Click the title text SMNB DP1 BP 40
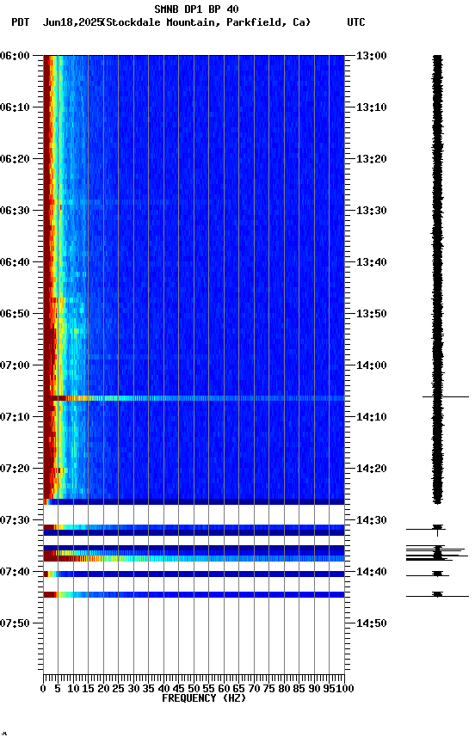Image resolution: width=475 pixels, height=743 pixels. pyautogui.click(x=196, y=9)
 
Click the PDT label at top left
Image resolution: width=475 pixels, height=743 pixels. pyautogui.click(x=21, y=22)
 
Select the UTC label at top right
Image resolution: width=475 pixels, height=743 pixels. pyautogui.click(x=356, y=22)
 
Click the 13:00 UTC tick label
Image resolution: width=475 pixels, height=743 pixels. pyautogui.click(x=372, y=56)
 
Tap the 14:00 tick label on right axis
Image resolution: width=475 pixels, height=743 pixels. pyautogui.click(x=372, y=365)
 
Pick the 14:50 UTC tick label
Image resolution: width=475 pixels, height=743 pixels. pyautogui.click(x=372, y=623)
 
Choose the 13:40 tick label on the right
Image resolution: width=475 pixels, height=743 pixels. pyautogui.click(x=372, y=262)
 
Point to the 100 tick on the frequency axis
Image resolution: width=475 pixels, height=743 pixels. pyautogui.click(x=342, y=689)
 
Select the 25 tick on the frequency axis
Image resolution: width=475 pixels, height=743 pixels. pyautogui.click(x=119, y=689)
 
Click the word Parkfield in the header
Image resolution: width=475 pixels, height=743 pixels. pyautogui.click(x=258, y=22)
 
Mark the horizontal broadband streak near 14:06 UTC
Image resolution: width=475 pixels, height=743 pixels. pyautogui.click(x=198, y=398)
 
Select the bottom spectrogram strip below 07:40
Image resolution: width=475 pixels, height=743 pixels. pyautogui.click(x=194, y=594)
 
